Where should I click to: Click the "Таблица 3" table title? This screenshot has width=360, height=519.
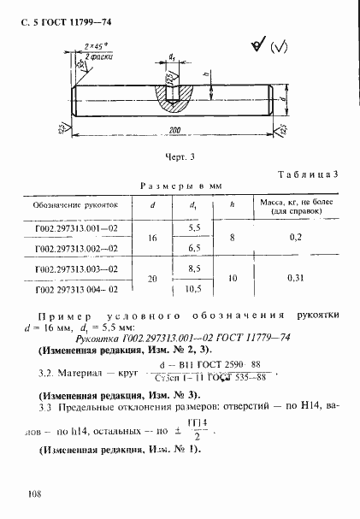click(x=308, y=174)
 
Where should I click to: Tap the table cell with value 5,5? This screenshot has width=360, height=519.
click(x=194, y=228)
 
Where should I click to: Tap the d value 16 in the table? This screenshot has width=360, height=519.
click(x=154, y=238)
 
